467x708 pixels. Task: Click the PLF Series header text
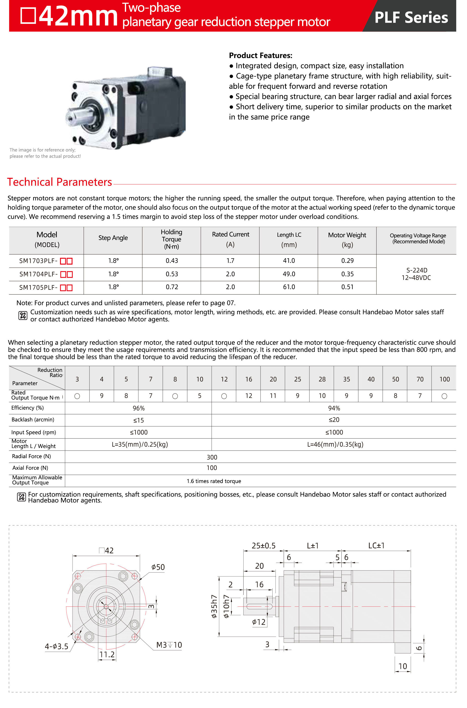pos(411,17)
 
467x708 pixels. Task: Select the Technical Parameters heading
pos(59,182)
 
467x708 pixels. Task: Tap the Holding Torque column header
pos(172,239)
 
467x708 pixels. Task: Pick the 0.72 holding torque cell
pos(172,287)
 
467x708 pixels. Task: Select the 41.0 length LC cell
pos(289,261)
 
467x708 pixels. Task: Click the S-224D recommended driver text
pos(417,270)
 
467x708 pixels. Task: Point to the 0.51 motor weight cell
pos(347,287)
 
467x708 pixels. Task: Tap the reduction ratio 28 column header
pos(322,379)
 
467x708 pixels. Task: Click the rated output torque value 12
pos(248,396)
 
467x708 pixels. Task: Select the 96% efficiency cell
pos(138,408)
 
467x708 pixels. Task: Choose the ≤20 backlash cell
pos(334,420)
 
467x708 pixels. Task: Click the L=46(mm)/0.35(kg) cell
pos(335,444)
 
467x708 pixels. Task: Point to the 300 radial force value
pos(212,457)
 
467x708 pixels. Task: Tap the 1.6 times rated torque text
pos(214,481)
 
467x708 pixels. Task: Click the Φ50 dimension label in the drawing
pos(158,567)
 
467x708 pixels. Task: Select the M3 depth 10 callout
pos(169,645)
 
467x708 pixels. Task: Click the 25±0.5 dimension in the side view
pos(263,546)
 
